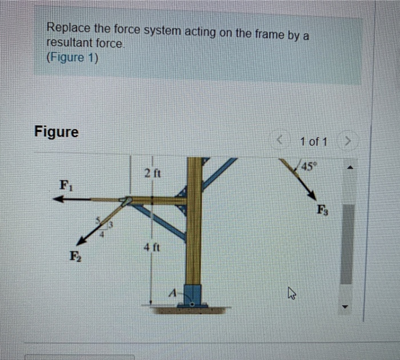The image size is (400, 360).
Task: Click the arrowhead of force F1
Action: (56, 200)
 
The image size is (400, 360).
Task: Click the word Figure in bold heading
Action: (57, 132)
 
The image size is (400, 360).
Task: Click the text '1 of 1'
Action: (313, 141)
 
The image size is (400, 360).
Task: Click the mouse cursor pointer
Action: (291, 295)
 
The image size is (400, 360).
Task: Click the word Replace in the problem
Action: (65, 28)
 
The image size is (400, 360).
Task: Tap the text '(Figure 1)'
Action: (72, 58)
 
